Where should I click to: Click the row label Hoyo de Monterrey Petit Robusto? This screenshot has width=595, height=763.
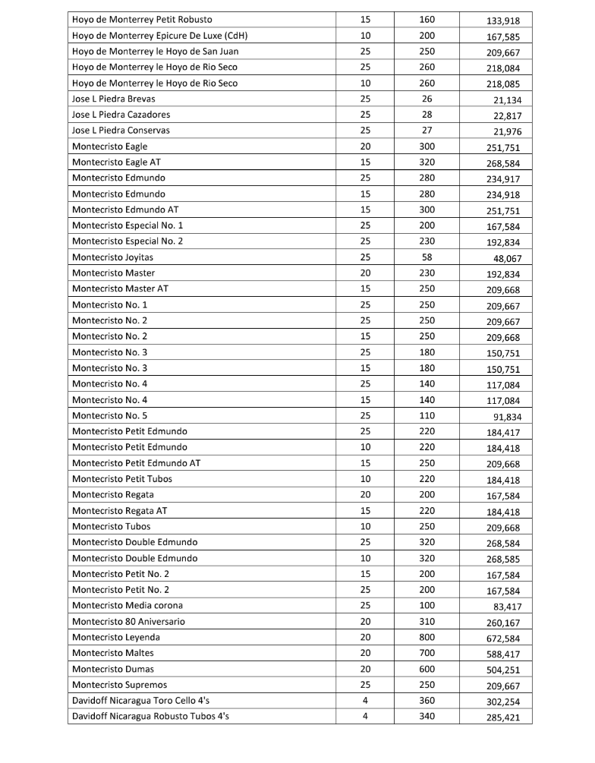pyautogui.click(x=142, y=20)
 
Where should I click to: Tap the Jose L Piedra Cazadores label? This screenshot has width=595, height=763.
pyautogui.click(x=121, y=115)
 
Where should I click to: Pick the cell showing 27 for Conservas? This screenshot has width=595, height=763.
pyautogui.click(x=427, y=131)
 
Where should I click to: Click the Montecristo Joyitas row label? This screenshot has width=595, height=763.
pyautogui.click(x=112, y=257)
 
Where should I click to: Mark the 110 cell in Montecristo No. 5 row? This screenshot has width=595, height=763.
pyautogui.click(x=427, y=416)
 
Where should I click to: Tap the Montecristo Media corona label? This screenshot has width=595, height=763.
pyautogui.click(x=127, y=606)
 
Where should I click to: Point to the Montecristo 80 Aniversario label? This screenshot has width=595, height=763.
pyautogui.click(x=128, y=622)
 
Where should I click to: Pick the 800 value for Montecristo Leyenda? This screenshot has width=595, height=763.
pyautogui.click(x=427, y=638)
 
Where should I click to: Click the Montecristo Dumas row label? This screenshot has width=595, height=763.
pyautogui.click(x=113, y=670)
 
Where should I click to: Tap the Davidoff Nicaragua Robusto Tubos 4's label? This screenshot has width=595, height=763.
pyautogui.click(x=150, y=717)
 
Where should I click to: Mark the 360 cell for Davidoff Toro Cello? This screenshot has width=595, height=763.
pyautogui.click(x=427, y=701)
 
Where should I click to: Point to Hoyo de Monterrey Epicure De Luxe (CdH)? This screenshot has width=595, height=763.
pyautogui.click(x=159, y=36)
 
